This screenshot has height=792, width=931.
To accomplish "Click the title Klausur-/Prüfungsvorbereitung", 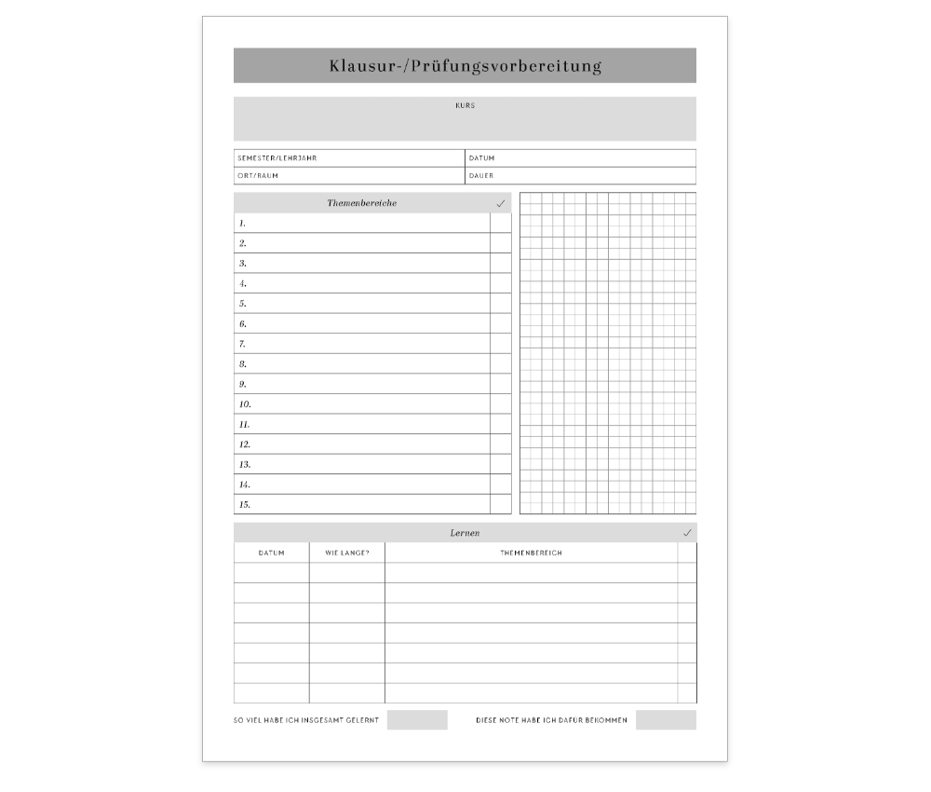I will (x=465, y=66).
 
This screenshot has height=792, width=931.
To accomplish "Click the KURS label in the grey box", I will (x=465, y=106).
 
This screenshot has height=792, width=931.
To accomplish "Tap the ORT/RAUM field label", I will (x=258, y=176).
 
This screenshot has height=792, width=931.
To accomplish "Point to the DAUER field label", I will (x=481, y=176).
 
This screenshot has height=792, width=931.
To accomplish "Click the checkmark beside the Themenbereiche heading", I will (x=501, y=203).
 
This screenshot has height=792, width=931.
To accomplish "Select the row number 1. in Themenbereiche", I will (x=242, y=224).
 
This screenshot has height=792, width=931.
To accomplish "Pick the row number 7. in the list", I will (x=242, y=345).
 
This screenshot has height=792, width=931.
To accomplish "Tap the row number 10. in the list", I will (x=245, y=405).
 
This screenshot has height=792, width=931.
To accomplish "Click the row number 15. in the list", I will (x=245, y=505).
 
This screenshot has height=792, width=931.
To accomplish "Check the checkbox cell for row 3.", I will (x=501, y=264).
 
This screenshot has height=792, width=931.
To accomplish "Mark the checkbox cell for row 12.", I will (x=501, y=444).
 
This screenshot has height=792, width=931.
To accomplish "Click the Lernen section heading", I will (x=465, y=533).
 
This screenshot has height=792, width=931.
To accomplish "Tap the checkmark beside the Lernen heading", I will (x=687, y=533).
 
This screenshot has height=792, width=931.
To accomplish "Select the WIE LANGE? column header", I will (x=346, y=553).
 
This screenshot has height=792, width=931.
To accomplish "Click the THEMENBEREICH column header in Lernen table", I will (x=531, y=553).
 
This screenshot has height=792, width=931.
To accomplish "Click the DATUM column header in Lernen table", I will (x=271, y=553).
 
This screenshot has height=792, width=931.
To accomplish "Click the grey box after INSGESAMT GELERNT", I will (x=417, y=720).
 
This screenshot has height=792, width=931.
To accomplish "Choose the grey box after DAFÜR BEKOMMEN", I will (x=666, y=720).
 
